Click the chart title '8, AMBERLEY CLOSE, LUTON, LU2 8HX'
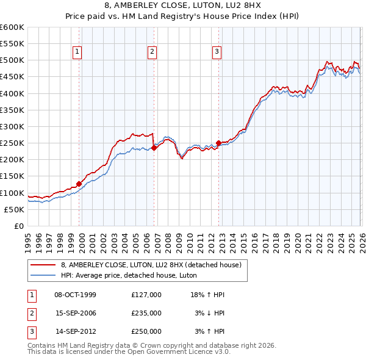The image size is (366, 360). (183, 7)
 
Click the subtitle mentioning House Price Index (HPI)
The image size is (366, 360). (183, 17)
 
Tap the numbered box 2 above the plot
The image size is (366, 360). (151, 52)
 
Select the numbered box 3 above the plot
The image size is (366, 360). (217, 52)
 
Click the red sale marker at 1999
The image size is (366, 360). (79, 184)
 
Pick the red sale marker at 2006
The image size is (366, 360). (154, 148)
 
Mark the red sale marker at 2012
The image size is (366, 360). (218, 143)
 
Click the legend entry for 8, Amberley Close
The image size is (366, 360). (151, 265)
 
